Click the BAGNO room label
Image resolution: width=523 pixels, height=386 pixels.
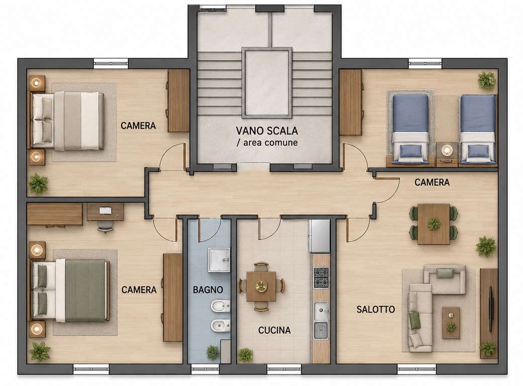(208, 289)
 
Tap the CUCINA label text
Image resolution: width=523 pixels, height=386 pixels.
(275, 330)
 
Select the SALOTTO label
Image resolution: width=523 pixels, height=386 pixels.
(376, 309)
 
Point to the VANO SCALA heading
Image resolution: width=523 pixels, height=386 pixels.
(267, 131)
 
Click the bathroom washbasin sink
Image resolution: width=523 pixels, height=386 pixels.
(219, 260)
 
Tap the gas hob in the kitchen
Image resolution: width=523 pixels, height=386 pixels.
(321, 277)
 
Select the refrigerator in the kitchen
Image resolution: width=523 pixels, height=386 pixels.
(319, 236)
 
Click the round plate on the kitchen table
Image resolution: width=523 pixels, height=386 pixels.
(261, 285)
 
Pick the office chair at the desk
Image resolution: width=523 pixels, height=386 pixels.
(105, 227)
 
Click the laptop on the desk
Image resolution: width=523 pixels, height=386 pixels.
(106, 210)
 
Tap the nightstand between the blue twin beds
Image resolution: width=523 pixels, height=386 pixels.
(447, 154)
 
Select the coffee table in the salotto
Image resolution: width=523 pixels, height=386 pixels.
(451, 323)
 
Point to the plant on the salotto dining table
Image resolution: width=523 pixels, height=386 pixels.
(433, 224)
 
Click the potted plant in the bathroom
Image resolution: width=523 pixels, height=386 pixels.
(212, 353)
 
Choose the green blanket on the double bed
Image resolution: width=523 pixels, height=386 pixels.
(85, 291)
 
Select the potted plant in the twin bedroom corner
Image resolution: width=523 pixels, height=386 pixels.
(486, 80)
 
